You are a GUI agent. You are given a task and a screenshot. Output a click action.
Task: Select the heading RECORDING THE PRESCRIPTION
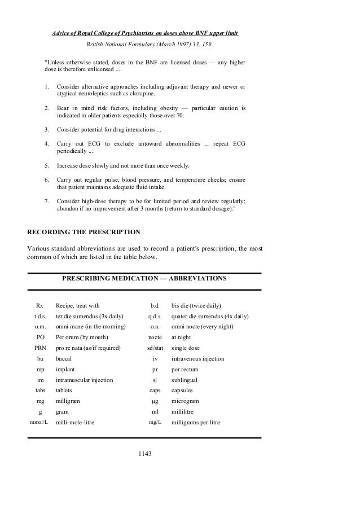84,232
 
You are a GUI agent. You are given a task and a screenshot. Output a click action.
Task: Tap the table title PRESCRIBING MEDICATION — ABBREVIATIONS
144,279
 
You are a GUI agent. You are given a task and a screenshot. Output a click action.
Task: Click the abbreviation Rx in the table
39,305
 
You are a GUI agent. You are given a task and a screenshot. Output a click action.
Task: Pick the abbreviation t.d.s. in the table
39,316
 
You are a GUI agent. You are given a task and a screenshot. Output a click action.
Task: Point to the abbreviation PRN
40,348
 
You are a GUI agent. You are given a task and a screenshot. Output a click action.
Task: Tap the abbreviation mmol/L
39,422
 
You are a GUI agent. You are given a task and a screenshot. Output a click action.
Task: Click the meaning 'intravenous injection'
197,358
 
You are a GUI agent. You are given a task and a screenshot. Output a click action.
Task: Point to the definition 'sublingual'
185,380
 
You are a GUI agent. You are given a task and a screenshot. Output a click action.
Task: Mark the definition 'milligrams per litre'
196,422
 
